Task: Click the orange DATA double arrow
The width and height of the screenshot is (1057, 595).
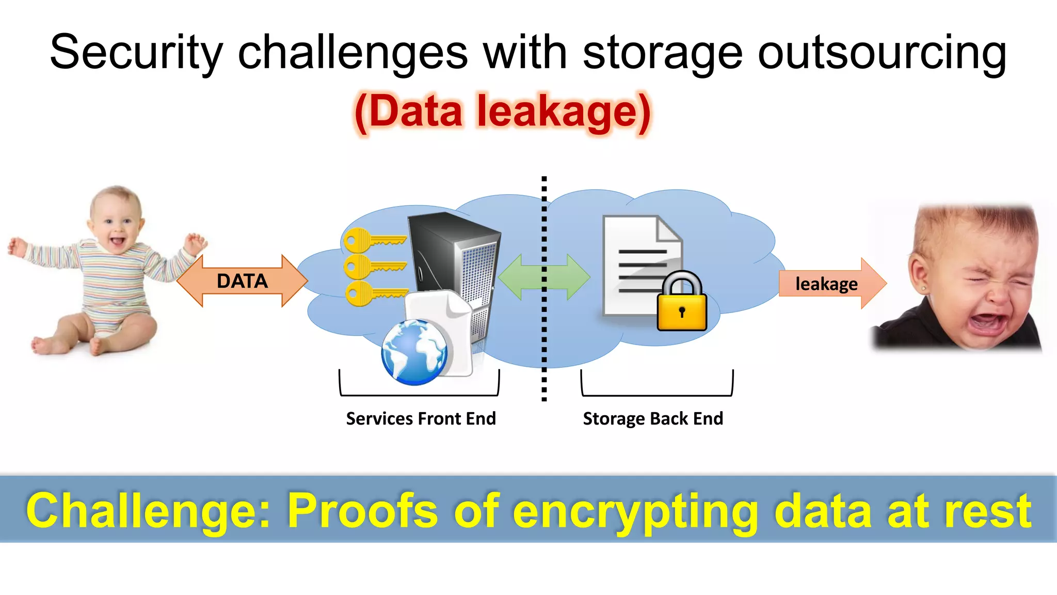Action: pyautogui.click(x=242, y=281)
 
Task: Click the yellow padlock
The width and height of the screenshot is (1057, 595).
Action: pyautogui.click(x=682, y=305)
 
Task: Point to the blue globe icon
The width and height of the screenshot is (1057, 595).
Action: pyautogui.click(x=414, y=352)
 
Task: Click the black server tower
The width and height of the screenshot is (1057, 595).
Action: pyautogui.click(x=454, y=258)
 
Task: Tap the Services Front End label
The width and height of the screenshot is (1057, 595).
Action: pyautogui.click(x=421, y=418)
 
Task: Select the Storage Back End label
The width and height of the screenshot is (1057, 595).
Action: pyautogui.click(x=653, y=418)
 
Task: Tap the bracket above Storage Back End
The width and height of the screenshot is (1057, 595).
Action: pyautogui.click(x=657, y=394)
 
